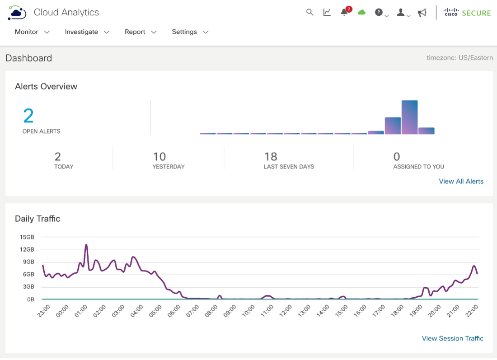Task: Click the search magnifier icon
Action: click(x=309, y=12)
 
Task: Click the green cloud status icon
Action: click(x=361, y=12)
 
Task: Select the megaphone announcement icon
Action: click(x=422, y=13)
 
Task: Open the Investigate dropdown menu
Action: click(x=87, y=32)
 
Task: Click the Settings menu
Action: click(x=190, y=32)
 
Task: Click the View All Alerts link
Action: click(x=461, y=181)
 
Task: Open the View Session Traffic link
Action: click(x=453, y=338)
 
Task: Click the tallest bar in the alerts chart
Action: click(x=409, y=117)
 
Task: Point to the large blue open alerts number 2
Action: click(x=28, y=116)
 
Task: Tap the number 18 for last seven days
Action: click(x=271, y=157)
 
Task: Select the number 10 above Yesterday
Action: click(x=159, y=157)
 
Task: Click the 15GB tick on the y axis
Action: click(x=27, y=237)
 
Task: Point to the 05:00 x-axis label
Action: click(x=155, y=311)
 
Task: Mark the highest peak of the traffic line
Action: click(x=86, y=245)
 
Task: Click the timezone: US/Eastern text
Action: click(x=459, y=58)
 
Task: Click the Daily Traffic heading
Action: click(x=38, y=219)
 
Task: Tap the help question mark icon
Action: click(x=379, y=12)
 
